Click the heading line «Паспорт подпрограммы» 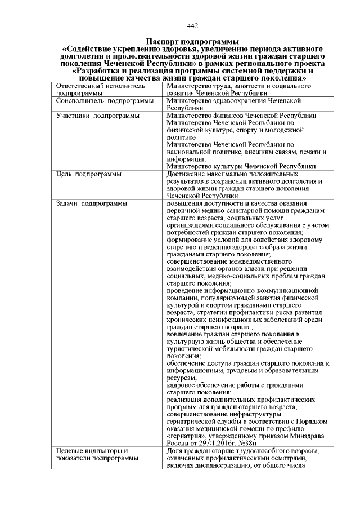(x=191, y=42)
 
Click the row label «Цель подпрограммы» (x=89, y=174)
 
